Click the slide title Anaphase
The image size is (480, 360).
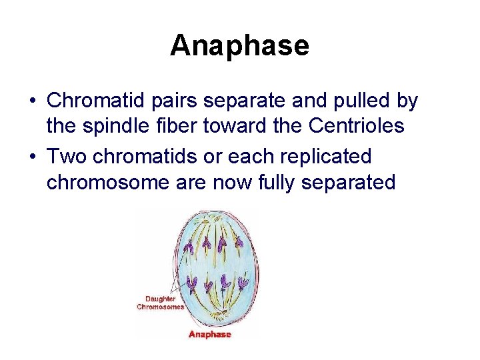coord(239,46)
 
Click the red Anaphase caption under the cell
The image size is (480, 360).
coord(209,334)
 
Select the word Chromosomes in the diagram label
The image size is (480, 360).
coord(161,307)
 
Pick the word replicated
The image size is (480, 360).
coord(333,157)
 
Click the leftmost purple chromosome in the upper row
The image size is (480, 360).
coord(189,247)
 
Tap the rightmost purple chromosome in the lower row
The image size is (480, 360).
coord(243,283)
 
